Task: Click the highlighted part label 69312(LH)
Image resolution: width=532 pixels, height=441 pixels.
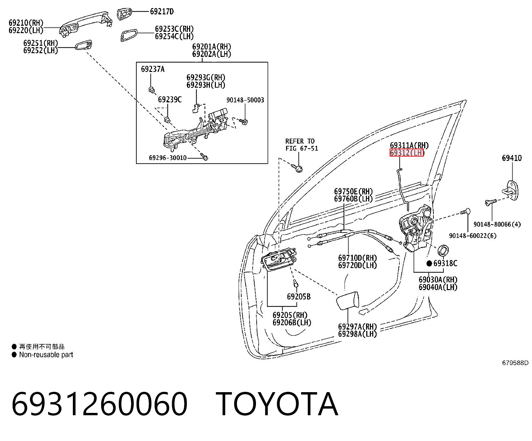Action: point(407,153)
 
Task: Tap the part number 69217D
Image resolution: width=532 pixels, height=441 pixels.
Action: point(162,11)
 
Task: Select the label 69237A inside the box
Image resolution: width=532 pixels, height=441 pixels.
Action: point(153,69)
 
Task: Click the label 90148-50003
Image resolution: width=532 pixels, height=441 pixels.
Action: point(245,100)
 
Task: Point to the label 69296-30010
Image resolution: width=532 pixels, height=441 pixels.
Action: point(168,158)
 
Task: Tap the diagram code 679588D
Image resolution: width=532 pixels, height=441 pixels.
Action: point(515,363)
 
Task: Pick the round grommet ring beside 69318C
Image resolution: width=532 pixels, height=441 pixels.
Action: point(443,250)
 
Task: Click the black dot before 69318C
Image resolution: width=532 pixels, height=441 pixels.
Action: point(429,263)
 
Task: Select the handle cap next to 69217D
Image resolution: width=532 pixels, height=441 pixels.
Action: point(124,14)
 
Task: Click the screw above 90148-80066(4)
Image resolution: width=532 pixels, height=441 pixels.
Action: point(491,202)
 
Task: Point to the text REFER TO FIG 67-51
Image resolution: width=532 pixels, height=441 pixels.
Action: point(302,145)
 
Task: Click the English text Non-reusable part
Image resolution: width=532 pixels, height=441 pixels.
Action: point(46,355)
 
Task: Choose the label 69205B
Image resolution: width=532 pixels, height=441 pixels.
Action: point(299,296)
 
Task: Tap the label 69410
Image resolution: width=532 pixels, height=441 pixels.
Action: point(512,158)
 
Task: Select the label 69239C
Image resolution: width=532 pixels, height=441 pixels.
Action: point(170,99)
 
